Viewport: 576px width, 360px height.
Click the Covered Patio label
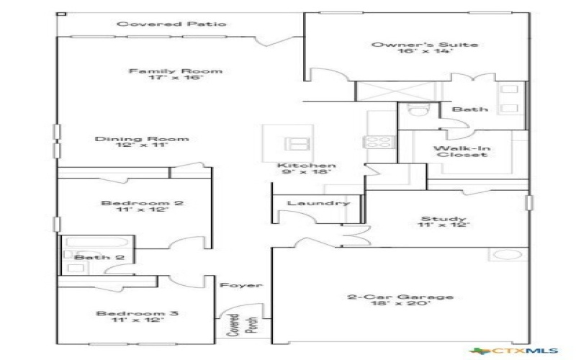pyautogui.click(x=171, y=24)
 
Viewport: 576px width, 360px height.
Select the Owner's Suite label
pyautogui.click(x=424, y=45)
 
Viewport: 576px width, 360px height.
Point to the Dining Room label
pyautogui.click(x=142, y=139)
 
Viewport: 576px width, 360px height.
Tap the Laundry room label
pyautogui.click(x=318, y=203)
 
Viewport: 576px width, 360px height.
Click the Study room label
pyautogui.click(x=444, y=219)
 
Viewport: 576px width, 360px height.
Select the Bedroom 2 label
pyautogui.click(x=142, y=203)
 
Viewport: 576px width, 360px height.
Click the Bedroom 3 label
pyautogui.click(x=138, y=314)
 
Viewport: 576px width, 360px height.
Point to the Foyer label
pyautogui.click(x=240, y=285)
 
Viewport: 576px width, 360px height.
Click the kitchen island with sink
pyautogui.click(x=292, y=141)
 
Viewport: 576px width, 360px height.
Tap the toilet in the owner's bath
pyautogui.click(x=413, y=110)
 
